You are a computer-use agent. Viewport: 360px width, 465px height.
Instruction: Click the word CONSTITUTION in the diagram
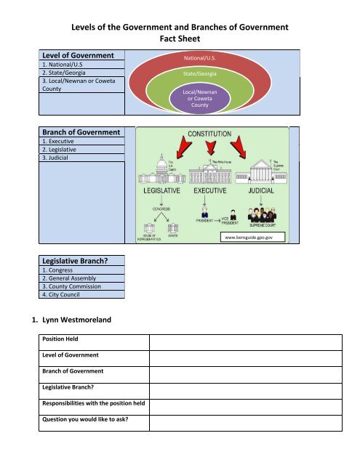pos(210,135)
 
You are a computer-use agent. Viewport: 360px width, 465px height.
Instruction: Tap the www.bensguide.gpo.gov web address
pos(249,237)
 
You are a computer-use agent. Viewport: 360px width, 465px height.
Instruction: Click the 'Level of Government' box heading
pos(78,55)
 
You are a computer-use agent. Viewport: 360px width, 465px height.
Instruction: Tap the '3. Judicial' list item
pos(59,157)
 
